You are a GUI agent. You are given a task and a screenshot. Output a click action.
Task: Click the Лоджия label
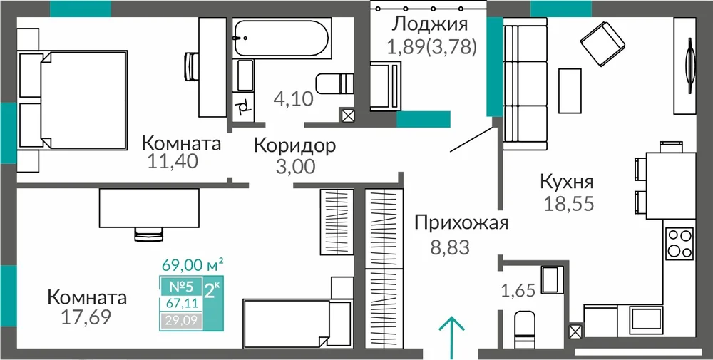point(430,24)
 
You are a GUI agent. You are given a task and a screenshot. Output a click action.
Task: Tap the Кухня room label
point(567,182)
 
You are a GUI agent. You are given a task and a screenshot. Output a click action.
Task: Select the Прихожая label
point(461,224)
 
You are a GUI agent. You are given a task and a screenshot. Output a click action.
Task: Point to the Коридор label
point(295,145)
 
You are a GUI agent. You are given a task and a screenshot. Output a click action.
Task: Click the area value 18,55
point(569,203)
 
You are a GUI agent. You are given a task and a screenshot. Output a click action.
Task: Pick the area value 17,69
point(86,317)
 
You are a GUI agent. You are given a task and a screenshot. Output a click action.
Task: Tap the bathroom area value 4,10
point(294,98)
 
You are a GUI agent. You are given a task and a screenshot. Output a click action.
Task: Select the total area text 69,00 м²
point(193,264)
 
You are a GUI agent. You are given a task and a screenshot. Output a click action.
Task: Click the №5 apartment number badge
point(181,287)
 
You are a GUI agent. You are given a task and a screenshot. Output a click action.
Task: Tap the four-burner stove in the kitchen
point(679,244)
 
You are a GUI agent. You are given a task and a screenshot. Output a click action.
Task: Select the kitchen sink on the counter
point(646,318)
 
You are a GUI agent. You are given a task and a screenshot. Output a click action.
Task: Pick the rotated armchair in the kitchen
point(602,41)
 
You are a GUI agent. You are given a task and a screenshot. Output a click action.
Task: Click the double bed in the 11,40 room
point(73,100)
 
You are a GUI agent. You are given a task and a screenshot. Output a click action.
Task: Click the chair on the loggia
point(386,86)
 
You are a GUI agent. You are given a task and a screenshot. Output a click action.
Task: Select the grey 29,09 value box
point(181,322)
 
